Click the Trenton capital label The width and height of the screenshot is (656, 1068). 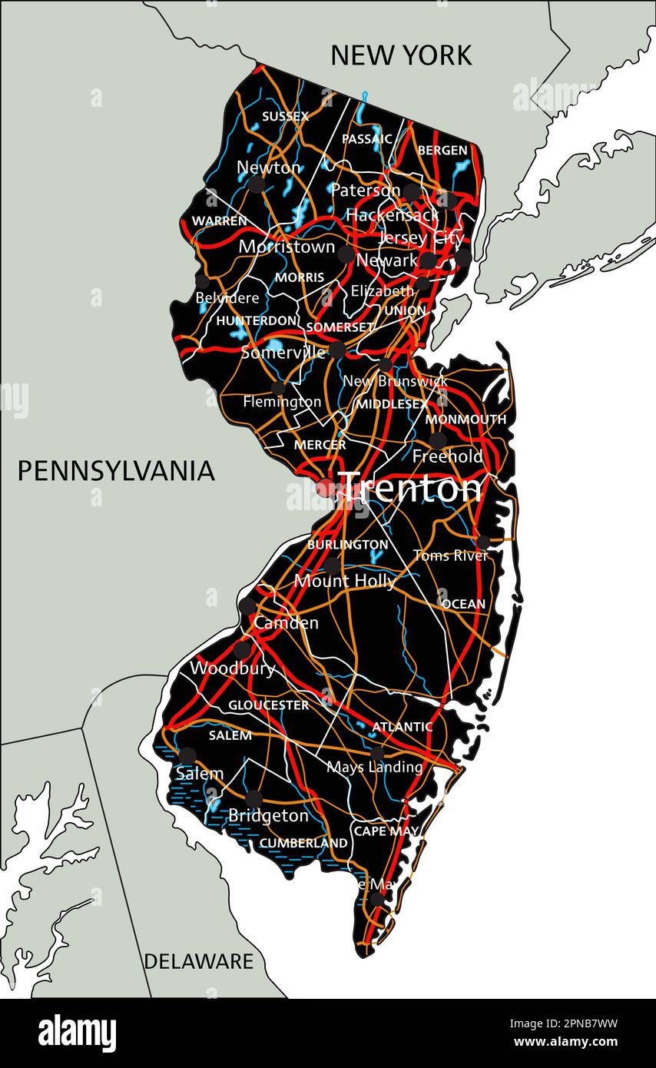411,488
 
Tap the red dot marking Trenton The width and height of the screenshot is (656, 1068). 326,488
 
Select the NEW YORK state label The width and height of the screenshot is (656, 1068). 401,55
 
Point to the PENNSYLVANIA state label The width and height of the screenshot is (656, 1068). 116,471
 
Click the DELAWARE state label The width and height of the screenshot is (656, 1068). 198,960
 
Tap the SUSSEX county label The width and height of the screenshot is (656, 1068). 285,117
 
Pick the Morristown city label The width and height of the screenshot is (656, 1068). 287,247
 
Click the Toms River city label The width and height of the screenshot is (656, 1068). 450,555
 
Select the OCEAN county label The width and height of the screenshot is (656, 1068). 463,604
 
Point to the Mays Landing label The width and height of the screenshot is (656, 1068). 374,767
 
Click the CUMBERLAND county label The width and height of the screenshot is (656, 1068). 303,843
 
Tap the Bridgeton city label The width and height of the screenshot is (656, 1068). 268,815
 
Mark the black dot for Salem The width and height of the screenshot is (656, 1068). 187,755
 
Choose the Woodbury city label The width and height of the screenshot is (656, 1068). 233,668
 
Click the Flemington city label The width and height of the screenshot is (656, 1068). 282,401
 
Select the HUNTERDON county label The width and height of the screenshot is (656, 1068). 256,320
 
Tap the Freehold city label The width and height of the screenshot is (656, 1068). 448,456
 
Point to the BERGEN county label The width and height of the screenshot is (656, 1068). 442,151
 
